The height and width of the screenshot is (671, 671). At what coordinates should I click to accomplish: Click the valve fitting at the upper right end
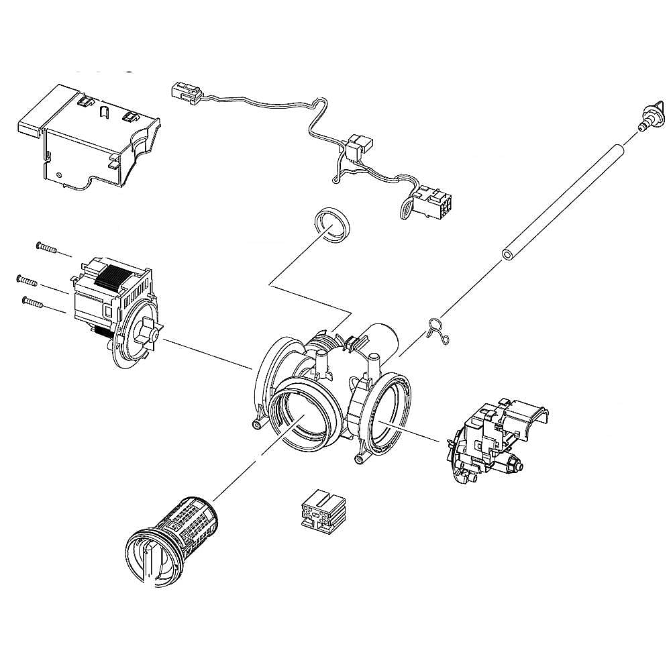tap(650, 115)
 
